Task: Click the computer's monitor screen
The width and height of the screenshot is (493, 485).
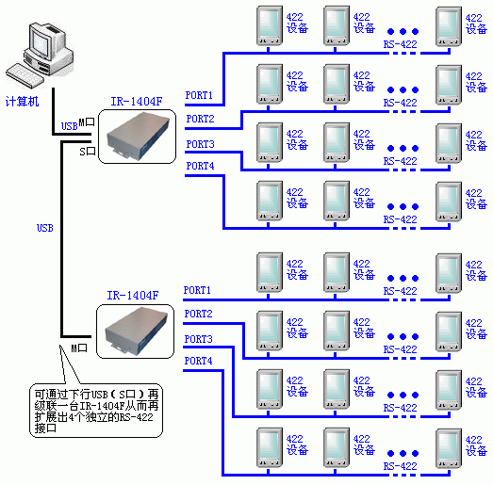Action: pyautogui.click(x=41, y=44)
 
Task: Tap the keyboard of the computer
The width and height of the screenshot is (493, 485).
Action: pyautogui.click(x=24, y=74)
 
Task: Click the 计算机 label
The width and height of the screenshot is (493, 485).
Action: pyautogui.click(x=22, y=102)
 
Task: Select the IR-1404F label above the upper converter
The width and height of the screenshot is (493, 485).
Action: pyautogui.click(x=137, y=102)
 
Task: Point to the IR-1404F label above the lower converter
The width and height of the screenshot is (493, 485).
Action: pyautogui.click(x=133, y=296)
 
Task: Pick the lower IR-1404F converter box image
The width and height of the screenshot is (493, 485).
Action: pyautogui.click(x=135, y=331)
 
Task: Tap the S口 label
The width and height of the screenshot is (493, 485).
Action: pyautogui.click(x=88, y=152)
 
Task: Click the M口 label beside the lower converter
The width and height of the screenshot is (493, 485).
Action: pyautogui.click(x=79, y=348)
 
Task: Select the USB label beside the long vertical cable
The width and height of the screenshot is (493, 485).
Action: pyautogui.click(x=45, y=228)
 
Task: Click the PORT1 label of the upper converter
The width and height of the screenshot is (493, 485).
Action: pyautogui.click(x=199, y=95)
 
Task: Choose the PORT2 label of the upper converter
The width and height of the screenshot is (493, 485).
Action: pyautogui.click(x=200, y=119)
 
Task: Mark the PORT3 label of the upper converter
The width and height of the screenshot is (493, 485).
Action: pyautogui.click(x=200, y=144)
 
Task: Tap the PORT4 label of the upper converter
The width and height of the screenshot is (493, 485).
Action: pyautogui.click(x=200, y=166)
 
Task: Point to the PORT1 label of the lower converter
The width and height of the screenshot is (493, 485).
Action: pyautogui.click(x=197, y=290)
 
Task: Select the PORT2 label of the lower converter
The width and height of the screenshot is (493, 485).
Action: pyautogui.click(x=198, y=314)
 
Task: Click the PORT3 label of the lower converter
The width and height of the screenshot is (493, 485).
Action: pyautogui.click(x=198, y=339)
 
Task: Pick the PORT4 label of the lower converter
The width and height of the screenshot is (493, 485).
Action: pyautogui.click(x=198, y=361)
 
